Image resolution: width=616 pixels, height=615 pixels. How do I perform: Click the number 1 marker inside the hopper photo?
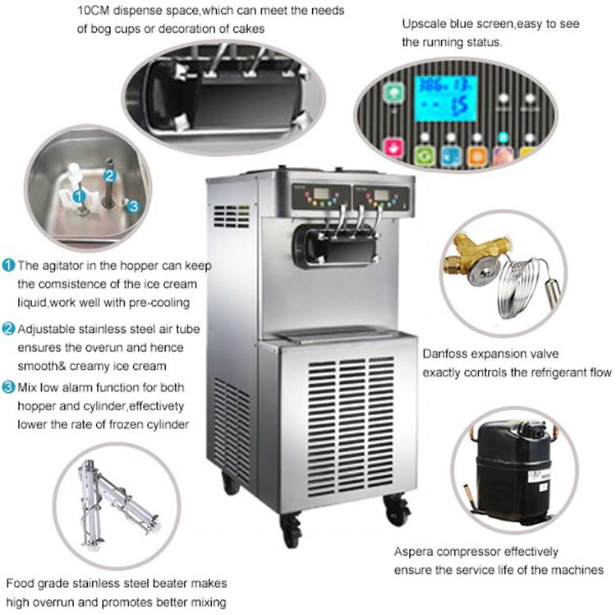pos(80,196)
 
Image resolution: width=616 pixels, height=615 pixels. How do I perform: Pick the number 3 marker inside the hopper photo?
pos(135,205)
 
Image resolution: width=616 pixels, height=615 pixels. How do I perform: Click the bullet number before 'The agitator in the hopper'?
pos(7,266)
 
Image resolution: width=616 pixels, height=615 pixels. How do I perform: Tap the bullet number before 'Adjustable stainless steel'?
pos(7,330)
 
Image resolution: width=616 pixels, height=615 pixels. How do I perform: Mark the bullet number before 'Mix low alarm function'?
pos(7,386)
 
